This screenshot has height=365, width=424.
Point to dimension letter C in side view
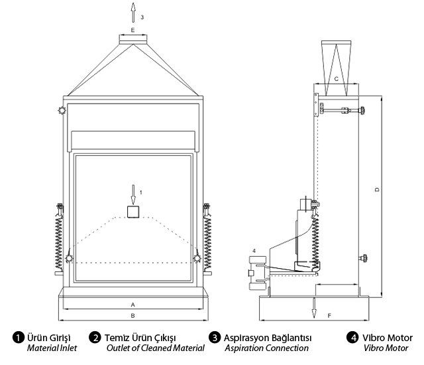click(x=337, y=79)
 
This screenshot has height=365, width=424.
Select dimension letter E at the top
click(x=132, y=31)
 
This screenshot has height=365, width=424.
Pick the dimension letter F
click(x=329, y=315)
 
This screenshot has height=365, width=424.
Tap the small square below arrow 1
click(x=132, y=212)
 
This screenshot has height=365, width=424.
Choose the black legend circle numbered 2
click(x=96, y=337)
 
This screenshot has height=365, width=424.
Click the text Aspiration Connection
click(x=266, y=348)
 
